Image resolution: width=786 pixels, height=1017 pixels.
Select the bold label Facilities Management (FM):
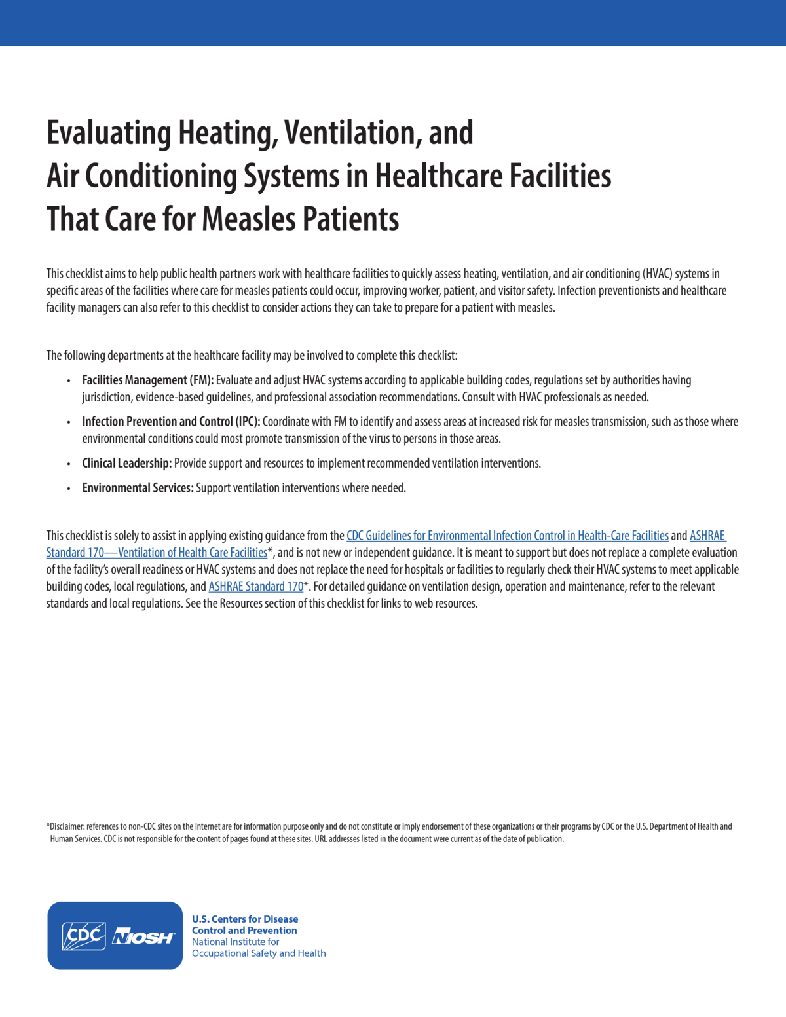[x=147, y=380]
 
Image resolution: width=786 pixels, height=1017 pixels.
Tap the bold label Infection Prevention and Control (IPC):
[x=171, y=422]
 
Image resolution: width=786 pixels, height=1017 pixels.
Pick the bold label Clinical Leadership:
[x=126, y=464]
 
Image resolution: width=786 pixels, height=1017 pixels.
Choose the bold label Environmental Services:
[x=138, y=488]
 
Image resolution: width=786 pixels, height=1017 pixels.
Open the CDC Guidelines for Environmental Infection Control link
[x=507, y=536]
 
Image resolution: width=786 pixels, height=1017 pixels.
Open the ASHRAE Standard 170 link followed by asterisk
[x=255, y=587]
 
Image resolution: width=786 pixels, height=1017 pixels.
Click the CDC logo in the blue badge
[x=83, y=936]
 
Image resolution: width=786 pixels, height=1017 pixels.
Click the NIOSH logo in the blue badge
[x=143, y=937]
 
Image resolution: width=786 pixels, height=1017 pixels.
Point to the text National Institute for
[x=235, y=942]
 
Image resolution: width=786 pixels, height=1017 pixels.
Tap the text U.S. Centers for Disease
[x=244, y=919]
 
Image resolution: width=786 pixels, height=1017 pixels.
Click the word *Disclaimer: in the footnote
[x=65, y=826]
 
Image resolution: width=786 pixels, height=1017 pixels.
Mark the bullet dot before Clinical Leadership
[x=69, y=464]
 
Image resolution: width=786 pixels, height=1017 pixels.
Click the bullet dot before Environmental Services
[x=69, y=489]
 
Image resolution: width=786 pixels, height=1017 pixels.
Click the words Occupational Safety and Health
[x=258, y=953]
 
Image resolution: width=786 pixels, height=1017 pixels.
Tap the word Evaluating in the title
[x=108, y=133]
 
